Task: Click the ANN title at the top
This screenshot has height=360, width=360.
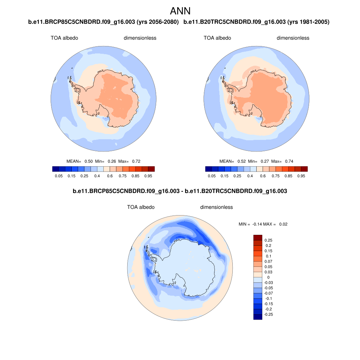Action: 180,11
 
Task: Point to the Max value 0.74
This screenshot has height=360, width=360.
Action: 289,161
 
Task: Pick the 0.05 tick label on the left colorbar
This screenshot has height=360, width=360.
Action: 59,176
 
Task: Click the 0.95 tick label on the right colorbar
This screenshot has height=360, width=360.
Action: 301,176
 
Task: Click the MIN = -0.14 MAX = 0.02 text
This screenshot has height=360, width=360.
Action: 263,224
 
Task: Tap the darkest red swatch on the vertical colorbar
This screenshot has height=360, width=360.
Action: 258,238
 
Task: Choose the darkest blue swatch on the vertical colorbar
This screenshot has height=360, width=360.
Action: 258,317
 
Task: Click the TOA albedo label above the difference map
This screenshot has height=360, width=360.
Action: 141,207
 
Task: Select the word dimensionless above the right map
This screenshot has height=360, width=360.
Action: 293,38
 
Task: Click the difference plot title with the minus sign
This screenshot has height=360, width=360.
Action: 180,192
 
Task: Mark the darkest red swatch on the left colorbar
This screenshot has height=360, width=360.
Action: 151,169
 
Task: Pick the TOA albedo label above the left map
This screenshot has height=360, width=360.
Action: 64,38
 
